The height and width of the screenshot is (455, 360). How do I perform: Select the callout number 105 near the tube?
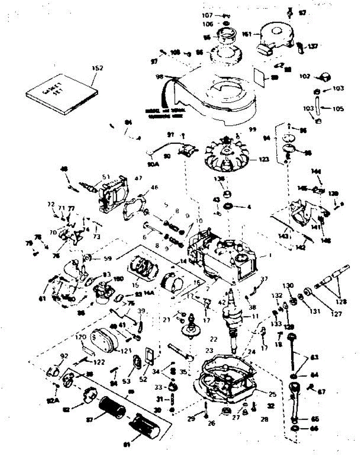coord(338,109)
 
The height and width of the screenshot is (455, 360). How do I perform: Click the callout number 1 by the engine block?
coord(270,256)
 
